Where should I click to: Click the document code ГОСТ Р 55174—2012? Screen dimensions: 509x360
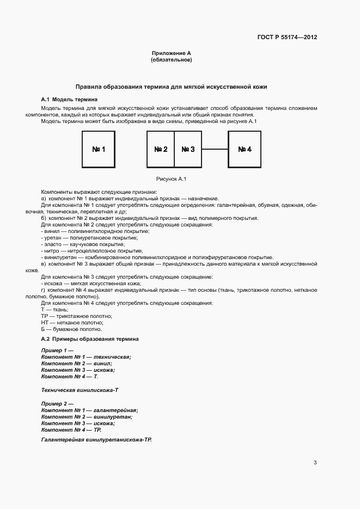pyautogui.click(x=286, y=38)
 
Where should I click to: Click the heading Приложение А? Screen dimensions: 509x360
pyautogui.click(x=171, y=53)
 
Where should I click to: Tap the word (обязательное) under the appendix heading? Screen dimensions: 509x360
pyautogui.click(x=171, y=60)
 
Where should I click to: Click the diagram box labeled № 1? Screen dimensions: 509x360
pyautogui.click(x=99, y=149)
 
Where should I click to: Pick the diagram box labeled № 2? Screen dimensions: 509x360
pyautogui.click(x=161, y=149)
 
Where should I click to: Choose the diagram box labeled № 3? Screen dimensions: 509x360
pyautogui.click(x=188, y=149)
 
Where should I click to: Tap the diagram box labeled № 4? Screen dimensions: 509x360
pyautogui.click(x=245, y=149)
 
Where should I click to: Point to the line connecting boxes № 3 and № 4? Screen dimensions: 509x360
pyautogui.click(x=215, y=149)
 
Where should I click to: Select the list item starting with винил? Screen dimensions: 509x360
pyautogui.click(x=87, y=231)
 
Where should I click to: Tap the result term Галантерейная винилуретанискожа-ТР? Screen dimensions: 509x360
pyautogui.click(x=96, y=439)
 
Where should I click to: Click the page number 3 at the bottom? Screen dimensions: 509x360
pyautogui.click(x=315, y=463)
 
